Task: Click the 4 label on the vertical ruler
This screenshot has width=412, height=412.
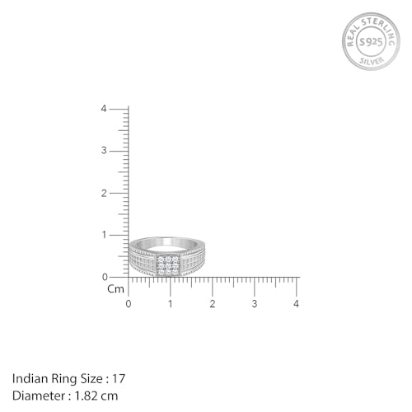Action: click(104, 109)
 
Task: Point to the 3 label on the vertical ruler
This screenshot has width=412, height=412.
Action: click(104, 151)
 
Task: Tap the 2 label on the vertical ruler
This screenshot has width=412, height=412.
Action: click(104, 193)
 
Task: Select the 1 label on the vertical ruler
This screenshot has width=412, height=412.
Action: click(104, 235)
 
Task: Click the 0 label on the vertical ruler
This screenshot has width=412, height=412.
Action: click(104, 277)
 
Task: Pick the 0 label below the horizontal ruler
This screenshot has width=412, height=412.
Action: click(128, 304)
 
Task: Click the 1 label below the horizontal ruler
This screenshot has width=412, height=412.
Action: click(171, 304)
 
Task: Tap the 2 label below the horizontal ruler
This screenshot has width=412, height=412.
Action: click(213, 304)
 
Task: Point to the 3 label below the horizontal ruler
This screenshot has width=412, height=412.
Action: click(255, 304)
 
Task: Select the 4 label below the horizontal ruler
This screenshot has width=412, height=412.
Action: click(297, 304)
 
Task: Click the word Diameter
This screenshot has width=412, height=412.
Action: click(37, 395)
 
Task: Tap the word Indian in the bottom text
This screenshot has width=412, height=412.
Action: click(29, 378)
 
